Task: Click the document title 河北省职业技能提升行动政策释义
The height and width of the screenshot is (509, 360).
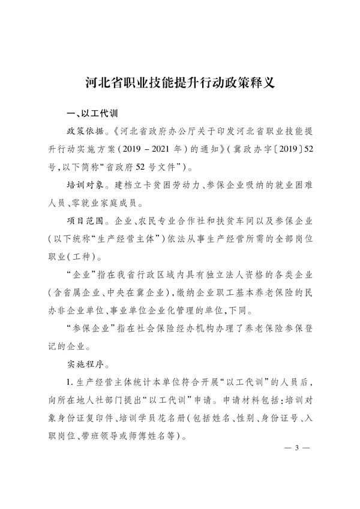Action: (x=180, y=82)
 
